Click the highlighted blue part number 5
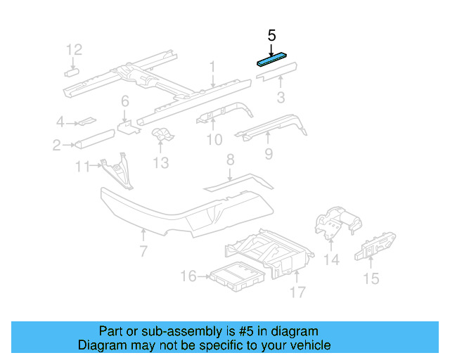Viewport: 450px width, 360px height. pyautogui.click(x=275, y=59)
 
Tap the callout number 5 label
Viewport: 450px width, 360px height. pyautogui.click(x=272, y=35)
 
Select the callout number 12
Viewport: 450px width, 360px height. pyautogui.click(x=74, y=49)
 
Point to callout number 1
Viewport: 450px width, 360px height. pyautogui.click(x=211, y=67)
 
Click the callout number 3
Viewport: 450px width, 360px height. pyautogui.click(x=280, y=97)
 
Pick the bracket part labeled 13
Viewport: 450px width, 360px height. pyautogui.click(x=162, y=134)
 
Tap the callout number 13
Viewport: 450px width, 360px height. pyautogui.click(x=161, y=163)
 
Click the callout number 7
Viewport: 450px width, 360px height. pyautogui.click(x=143, y=251)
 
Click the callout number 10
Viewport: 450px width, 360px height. pyautogui.click(x=214, y=140)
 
